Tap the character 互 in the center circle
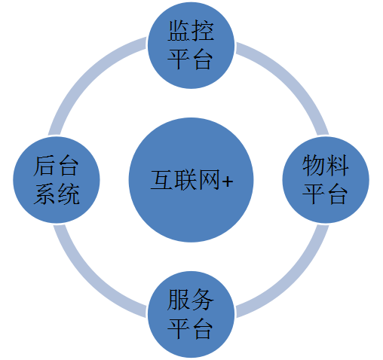(x=161, y=182)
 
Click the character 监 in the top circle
(x=179, y=32)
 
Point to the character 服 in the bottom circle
(x=179, y=303)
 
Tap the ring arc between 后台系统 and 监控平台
(x=95, y=83)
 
